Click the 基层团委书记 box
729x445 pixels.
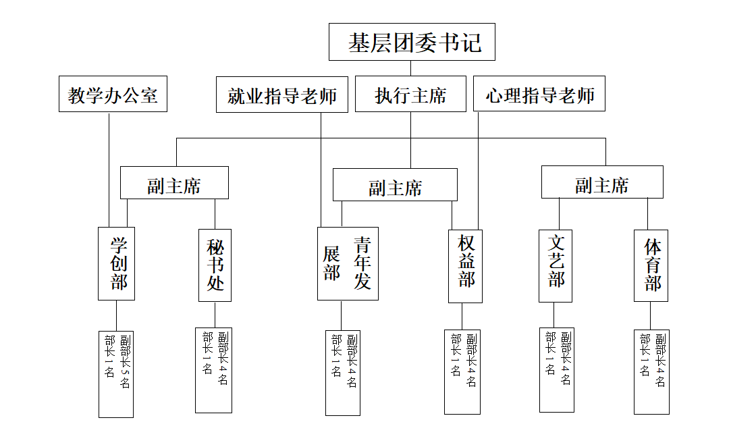point(412,42)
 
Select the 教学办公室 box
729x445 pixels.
point(113,94)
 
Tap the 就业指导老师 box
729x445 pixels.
point(282,95)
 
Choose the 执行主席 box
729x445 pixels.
point(410,94)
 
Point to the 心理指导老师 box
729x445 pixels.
point(539,93)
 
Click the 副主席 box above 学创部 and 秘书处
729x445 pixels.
point(174,183)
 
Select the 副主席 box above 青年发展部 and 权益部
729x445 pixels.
point(395,184)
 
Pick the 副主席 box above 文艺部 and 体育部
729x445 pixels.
point(602,182)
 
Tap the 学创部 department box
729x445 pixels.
point(116,263)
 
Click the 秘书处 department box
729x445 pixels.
point(215,265)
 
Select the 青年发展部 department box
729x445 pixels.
point(348,263)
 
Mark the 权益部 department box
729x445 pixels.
point(465,266)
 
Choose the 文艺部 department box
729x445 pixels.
point(556,266)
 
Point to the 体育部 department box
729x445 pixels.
point(651,265)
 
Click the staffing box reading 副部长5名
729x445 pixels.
point(116,374)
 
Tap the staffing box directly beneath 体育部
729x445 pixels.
point(652,372)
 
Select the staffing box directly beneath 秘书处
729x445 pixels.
point(213,370)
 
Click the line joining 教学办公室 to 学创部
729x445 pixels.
point(109,169)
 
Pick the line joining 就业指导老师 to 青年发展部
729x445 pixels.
point(321,169)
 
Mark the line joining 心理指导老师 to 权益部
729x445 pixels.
point(479,171)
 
